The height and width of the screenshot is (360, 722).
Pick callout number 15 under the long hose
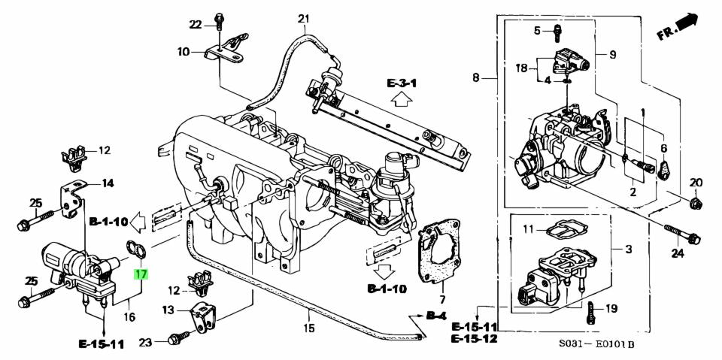pos(308,328)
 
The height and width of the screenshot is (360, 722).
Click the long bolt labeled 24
pos(681,233)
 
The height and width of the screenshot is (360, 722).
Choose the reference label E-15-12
pos(475,340)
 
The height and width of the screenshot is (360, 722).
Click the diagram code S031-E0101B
pos(597,346)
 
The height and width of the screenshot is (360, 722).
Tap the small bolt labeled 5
pos(557,32)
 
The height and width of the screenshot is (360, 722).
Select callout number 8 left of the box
pos(475,77)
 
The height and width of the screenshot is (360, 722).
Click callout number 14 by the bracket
pos(108,183)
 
